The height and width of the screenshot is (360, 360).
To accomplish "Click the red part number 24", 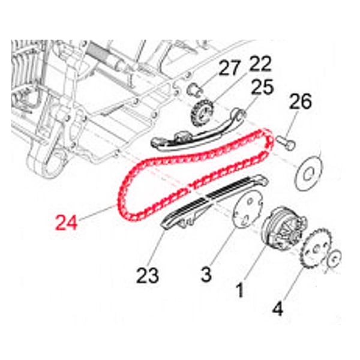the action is (x=66, y=223).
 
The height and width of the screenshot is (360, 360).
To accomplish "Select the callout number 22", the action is (x=260, y=64).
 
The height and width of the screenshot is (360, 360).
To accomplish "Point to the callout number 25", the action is (x=262, y=87).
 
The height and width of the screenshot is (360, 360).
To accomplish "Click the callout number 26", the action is (x=301, y=101).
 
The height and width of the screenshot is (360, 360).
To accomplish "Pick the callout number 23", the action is (x=148, y=275).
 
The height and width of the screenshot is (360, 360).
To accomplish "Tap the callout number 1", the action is (x=239, y=290).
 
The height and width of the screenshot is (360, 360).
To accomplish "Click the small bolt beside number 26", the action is (x=286, y=143).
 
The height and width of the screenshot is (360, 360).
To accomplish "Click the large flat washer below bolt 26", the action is (x=308, y=173).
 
